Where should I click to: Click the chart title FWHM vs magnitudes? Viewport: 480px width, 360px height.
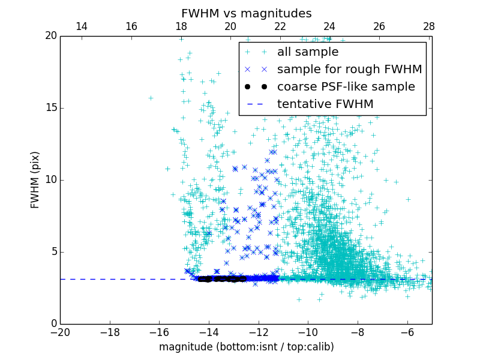click(x=246, y=13)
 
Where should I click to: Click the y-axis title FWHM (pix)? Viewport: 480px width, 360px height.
click(x=35, y=179)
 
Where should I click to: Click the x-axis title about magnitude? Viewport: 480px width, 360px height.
click(x=246, y=347)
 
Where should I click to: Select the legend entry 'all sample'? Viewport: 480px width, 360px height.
click(x=307, y=52)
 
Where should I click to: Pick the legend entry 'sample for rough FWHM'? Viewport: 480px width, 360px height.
click(x=349, y=70)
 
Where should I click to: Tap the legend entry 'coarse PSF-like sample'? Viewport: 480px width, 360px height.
click(x=346, y=87)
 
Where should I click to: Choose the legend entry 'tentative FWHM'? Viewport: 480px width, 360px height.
click(x=325, y=104)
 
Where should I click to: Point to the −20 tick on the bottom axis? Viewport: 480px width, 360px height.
click(x=60, y=332)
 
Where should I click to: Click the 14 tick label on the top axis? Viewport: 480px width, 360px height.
click(x=82, y=26)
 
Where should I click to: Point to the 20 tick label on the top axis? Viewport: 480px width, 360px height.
click(x=230, y=26)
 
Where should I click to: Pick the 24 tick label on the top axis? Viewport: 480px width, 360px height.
click(x=329, y=26)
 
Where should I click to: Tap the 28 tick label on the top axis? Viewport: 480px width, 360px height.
click(x=428, y=26)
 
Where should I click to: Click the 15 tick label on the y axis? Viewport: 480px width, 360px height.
click(x=50, y=108)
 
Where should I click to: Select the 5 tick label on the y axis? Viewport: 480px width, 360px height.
click(x=53, y=252)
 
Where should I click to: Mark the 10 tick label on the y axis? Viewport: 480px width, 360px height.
click(x=50, y=180)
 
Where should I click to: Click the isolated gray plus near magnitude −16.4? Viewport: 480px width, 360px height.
click(x=151, y=98)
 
